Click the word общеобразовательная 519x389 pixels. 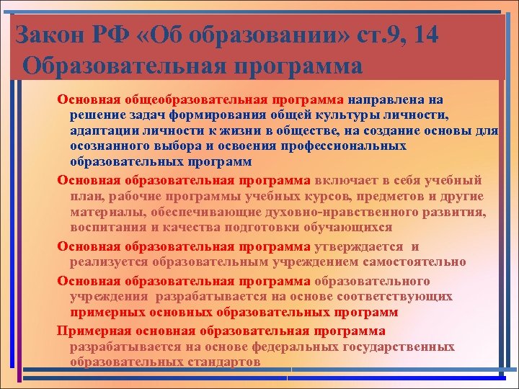193,99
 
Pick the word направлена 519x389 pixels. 388,99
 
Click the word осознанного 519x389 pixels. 109,146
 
